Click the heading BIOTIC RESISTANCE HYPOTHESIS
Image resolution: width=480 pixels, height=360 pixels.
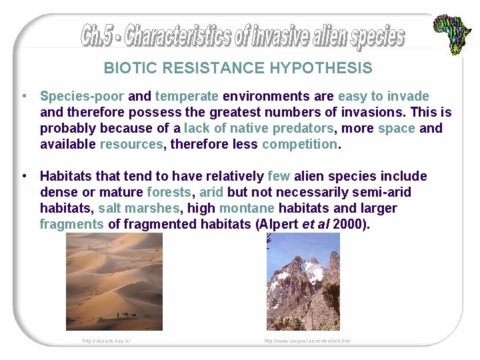(x=238, y=68)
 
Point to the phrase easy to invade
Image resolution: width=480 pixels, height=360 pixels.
(x=383, y=96)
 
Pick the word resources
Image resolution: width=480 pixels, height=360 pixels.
(x=131, y=144)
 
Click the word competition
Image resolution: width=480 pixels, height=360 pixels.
(x=299, y=144)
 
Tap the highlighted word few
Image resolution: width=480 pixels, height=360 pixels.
(x=279, y=176)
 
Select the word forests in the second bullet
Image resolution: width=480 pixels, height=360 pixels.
(x=169, y=192)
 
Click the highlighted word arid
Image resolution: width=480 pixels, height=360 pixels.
(x=212, y=192)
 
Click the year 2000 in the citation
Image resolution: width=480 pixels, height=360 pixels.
(x=349, y=224)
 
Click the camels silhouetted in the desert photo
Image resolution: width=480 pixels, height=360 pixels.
(x=127, y=314)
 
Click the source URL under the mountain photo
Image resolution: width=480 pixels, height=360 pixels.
(x=307, y=341)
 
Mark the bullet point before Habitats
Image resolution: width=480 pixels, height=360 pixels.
(x=25, y=176)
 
